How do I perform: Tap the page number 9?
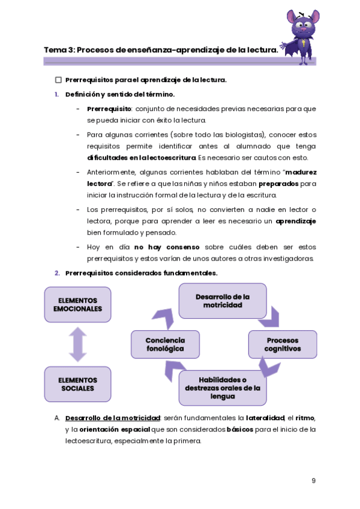314,481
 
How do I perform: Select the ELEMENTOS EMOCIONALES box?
77,304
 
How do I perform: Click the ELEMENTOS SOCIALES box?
77,384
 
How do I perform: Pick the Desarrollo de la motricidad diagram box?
223,301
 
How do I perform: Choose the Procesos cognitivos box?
283,345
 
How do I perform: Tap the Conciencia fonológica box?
165,345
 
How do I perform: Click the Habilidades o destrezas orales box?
223,388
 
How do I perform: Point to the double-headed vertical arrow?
77,345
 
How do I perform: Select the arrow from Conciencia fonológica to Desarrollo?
163,316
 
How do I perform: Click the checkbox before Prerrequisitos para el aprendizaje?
58,80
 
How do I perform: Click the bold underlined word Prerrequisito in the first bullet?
109,109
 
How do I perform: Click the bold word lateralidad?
265,418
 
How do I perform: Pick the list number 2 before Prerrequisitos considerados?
56,273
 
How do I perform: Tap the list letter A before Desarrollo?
56,418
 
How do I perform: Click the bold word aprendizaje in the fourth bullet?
295,221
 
